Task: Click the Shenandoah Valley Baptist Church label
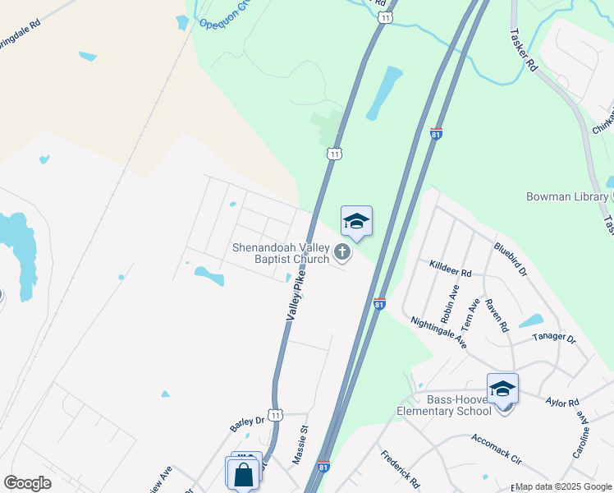[x=280, y=253]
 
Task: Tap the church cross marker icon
[x=342, y=254]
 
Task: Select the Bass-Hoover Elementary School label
[x=444, y=404]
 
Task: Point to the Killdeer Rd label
[x=451, y=268]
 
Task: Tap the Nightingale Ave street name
[x=438, y=334]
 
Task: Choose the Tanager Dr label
[x=555, y=337]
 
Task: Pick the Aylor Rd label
[x=562, y=403]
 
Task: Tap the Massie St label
[x=300, y=445]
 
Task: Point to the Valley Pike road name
[x=296, y=297]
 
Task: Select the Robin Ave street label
[x=450, y=304]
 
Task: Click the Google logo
[x=27, y=483]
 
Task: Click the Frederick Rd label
[x=400, y=468]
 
